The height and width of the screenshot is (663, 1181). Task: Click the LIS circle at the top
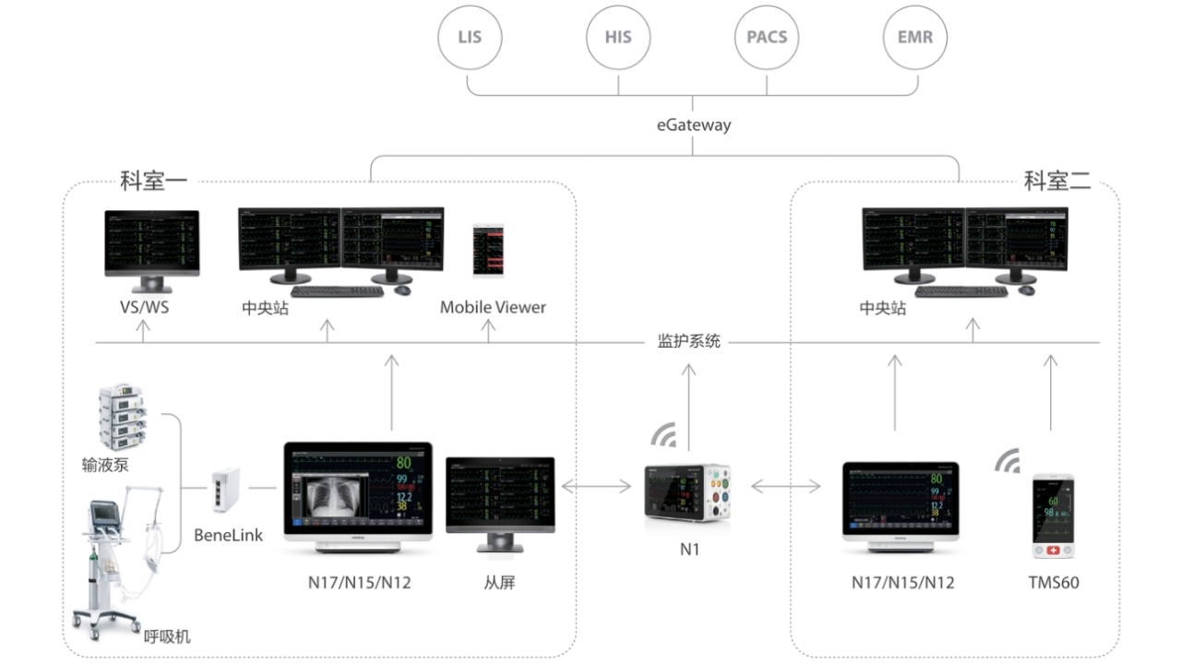pos(469,38)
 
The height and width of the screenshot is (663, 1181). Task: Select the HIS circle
pos(618,38)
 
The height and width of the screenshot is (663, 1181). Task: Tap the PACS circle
pos(767,38)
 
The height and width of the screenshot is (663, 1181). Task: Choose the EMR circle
pos(915,38)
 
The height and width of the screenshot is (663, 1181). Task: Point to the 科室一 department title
pos(154,180)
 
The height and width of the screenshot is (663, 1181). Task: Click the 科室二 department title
pos(1057,180)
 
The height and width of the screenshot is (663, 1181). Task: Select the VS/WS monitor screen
pos(151,243)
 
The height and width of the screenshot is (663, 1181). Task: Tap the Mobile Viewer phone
pos(489,250)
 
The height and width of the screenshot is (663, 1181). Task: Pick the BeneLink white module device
pos(225,491)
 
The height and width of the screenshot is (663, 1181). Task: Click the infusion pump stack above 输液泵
pos(125,418)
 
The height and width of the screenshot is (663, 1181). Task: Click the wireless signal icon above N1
pos(662,435)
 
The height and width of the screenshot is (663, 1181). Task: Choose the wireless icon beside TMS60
pos(1008,460)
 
